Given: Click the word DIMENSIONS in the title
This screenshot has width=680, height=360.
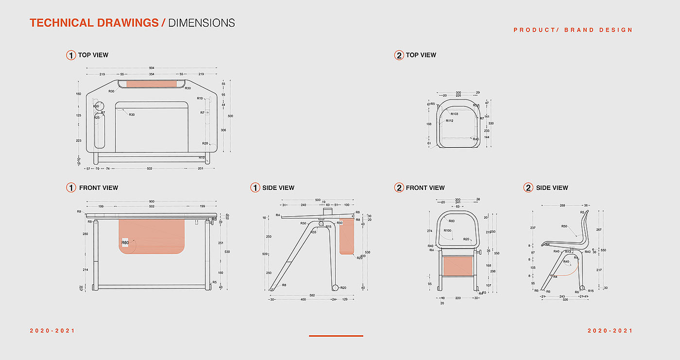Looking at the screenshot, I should pyautogui.click(x=202, y=23).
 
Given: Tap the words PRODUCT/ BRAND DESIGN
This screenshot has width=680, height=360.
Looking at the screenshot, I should pyautogui.click(x=573, y=30).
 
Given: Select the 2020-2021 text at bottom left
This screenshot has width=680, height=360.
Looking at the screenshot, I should pyautogui.click(x=52, y=331).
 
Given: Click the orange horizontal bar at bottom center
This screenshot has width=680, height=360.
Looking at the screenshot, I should pyautogui.click(x=336, y=336).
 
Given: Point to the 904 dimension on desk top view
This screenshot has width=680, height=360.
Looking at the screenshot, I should pyautogui.click(x=152, y=68).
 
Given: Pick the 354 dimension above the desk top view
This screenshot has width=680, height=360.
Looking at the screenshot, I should pyautogui.click(x=152, y=74).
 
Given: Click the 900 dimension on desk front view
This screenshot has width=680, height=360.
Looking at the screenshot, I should pyautogui.click(x=152, y=201).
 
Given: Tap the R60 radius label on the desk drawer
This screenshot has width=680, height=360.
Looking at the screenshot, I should pyautogui.click(x=125, y=242).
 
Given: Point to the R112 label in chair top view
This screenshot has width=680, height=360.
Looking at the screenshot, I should pyautogui.click(x=449, y=120).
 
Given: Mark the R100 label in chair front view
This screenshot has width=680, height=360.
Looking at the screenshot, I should pyautogui.click(x=447, y=230).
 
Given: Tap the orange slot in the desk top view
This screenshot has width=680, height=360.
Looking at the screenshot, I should pyautogui.click(x=152, y=84).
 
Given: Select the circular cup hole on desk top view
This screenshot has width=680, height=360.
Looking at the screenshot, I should pyautogui.click(x=99, y=106).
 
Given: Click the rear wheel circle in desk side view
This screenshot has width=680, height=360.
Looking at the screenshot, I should pyautogui.click(x=335, y=288).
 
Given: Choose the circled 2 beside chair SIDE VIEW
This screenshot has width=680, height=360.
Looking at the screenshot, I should pyautogui.click(x=528, y=188).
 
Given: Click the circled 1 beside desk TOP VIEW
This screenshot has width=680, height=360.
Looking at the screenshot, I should pyautogui.click(x=71, y=55).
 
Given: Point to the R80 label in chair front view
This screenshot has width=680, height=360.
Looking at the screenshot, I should pyautogui.click(x=452, y=221).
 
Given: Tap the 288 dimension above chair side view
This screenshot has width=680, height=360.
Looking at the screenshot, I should pyautogui.click(x=562, y=206).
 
